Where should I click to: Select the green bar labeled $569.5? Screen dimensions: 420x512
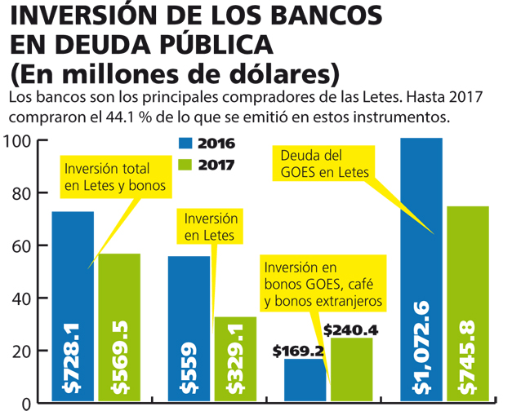pos(120,326)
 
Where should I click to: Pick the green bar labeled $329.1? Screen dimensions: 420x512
pos(236,359)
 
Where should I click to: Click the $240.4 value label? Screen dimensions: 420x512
pos(352,331)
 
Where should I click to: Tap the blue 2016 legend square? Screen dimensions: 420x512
pos(185,144)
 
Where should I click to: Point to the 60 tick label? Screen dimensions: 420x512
pos(20,246)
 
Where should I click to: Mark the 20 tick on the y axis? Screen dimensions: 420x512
pos(20,351)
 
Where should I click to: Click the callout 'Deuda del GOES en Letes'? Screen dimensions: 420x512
pos(324,163)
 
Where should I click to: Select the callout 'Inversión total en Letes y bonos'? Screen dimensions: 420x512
pos(114,177)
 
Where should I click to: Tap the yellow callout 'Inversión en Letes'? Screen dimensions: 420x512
pos(211,227)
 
